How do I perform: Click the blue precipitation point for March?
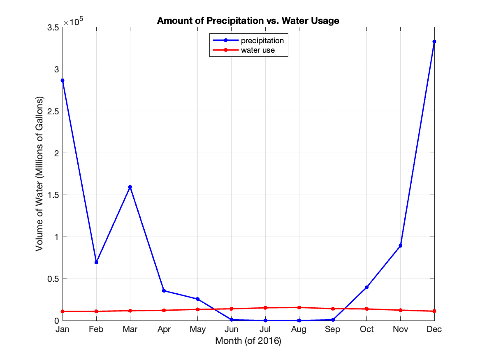coord(130,187)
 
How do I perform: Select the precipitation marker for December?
coord(434,42)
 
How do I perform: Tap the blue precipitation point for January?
coord(63,80)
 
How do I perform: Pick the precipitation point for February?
coord(96,262)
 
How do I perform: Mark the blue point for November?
coord(400,246)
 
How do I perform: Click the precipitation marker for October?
coord(366,287)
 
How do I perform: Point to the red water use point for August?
coord(299,307)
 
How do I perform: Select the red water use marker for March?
coord(130,311)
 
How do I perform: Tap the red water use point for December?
coord(434,311)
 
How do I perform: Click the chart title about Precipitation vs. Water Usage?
coord(248,21)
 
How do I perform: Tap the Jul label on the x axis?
coord(265,329)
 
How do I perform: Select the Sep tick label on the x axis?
coord(333,329)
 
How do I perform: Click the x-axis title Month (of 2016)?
coord(248,341)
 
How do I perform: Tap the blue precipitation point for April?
coord(164,290)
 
